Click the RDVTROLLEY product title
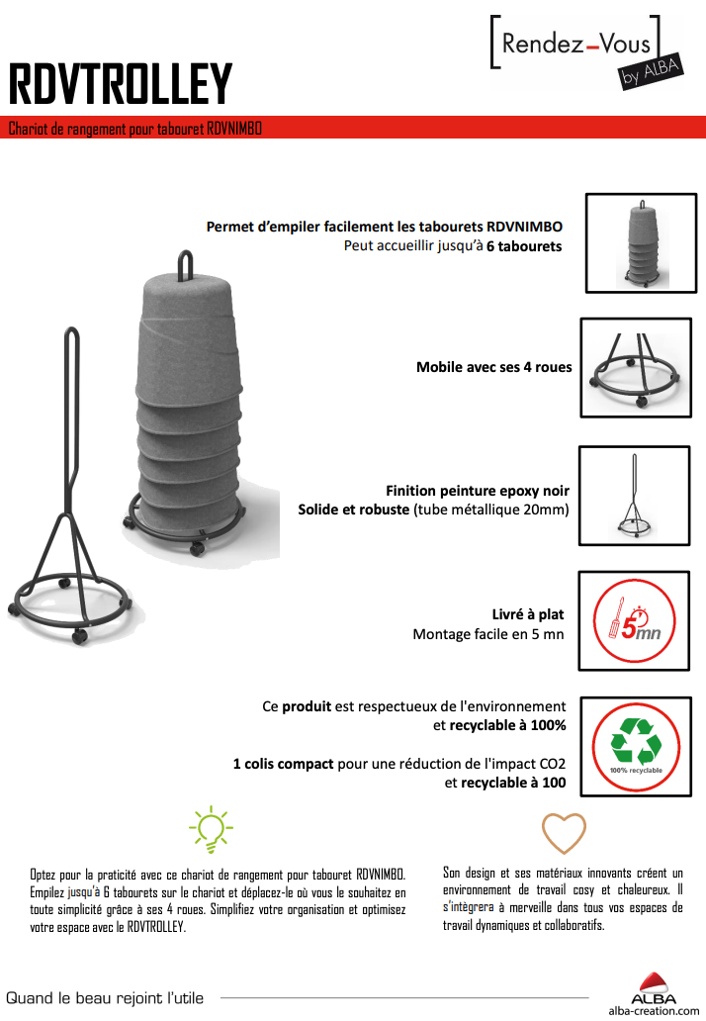coord(121,83)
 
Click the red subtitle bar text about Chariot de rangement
coord(135,129)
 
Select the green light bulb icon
coord(211,829)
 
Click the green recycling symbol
coord(636,741)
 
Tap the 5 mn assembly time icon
coord(635,620)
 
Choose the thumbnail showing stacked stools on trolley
coord(642,242)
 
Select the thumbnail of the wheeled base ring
coord(636,368)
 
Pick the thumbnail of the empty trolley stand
coord(635,496)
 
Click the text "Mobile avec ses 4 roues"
coord(493,367)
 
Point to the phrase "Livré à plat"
coord(528,614)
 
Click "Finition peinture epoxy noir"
coord(478,491)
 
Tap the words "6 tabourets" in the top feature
coord(524,246)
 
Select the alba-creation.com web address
coord(654,1010)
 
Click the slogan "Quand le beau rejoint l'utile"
coord(105,998)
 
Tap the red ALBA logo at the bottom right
coord(654,988)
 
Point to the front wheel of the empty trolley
coord(79,636)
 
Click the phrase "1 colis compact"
coord(283,763)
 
